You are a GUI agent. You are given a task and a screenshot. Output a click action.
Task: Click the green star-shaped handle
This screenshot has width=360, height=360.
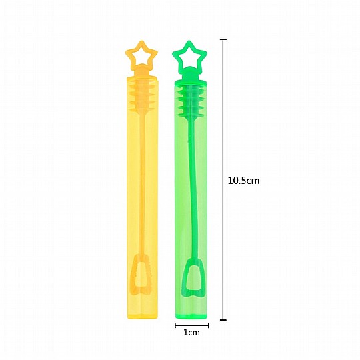click(179, 53)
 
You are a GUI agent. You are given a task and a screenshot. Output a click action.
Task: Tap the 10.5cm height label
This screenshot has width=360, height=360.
click(243, 181)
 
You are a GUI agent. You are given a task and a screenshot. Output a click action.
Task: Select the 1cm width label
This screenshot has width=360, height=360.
click(191, 333)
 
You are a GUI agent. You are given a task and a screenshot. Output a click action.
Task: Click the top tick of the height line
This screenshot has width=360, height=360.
click(223, 39)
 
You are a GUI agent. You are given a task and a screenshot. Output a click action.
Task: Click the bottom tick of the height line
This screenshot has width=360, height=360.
click(223, 319)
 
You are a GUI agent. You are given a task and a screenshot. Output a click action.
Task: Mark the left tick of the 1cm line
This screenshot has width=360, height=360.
click(175, 325)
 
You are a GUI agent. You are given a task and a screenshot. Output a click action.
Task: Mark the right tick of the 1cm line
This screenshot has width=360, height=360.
click(208, 325)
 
